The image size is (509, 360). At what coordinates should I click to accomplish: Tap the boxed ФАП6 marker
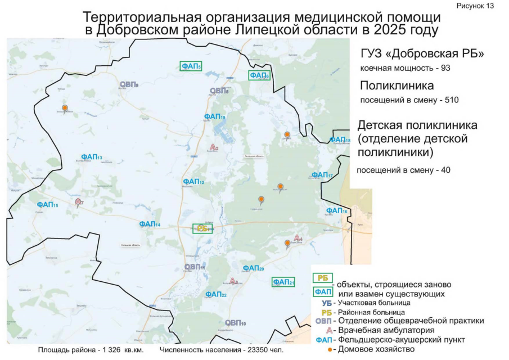[x=259, y=75]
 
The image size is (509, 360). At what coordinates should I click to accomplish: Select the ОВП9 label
[x=129, y=84]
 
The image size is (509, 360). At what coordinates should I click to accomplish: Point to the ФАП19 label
[x=215, y=116]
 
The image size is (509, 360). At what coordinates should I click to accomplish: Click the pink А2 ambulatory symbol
[x=213, y=147]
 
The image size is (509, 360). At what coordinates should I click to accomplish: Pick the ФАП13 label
[x=91, y=157]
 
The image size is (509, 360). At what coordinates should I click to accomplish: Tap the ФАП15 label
[x=47, y=205]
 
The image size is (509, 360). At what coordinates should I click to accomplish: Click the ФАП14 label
[x=150, y=224]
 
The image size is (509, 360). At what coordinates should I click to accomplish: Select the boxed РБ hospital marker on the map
[x=202, y=228]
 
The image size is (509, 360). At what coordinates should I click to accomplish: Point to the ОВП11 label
[x=195, y=267]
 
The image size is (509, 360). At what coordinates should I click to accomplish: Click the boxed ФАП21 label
[x=283, y=282]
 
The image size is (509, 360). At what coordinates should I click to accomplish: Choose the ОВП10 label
[x=235, y=323]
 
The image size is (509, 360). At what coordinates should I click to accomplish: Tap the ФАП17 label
[x=322, y=175]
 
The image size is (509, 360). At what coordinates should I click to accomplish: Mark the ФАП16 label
[x=336, y=210]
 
